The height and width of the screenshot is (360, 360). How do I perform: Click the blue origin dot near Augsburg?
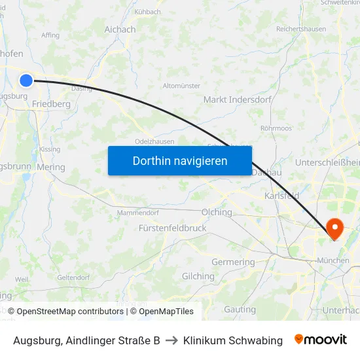pyautogui.click(x=26, y=81)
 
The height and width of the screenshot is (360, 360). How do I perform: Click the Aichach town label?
pyautogui.click(x=120, y=30)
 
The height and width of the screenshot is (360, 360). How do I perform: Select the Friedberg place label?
pyautogui.click(x=51, y=104)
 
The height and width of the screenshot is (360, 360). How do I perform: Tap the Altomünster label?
pyautogui.click(x=181, y=86)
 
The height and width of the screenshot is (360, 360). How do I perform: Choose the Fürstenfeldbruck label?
pyautogui.click(x=172, y=228)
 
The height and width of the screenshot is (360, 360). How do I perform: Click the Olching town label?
pyautogui.click(x=217, y=213)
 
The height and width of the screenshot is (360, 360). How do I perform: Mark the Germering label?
pyautogui.click(x=233, y=262)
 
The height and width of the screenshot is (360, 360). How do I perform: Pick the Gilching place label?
pyautogui.click(x=198, y=277)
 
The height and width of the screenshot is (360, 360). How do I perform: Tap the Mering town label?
pyautogui.click(x=51, y=168)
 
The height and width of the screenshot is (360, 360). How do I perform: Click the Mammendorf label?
pyautogui.click(x=137, y=213)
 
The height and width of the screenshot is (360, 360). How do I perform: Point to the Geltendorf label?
pyautogui.click(x=73, y=278)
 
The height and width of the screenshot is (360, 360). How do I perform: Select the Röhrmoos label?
pyautogui.click(x=276, y=129)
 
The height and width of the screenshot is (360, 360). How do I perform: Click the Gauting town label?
pyautogui.click(x=240, y=310)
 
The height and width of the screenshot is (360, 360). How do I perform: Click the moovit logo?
pyautogui.click(x=321, y=340)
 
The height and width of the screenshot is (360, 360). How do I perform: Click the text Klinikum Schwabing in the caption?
pyautogui.click(x=233, y=340)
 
